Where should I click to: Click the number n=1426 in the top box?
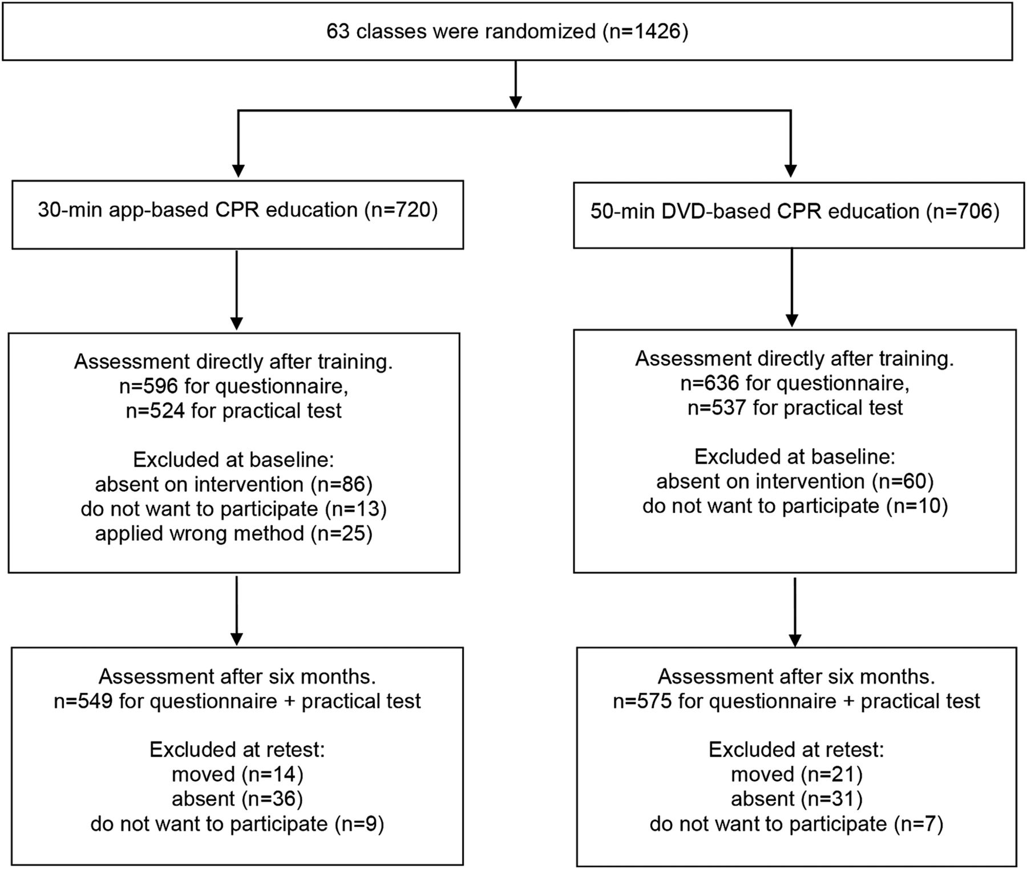(645, 31)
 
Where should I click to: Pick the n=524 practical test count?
(155, 411)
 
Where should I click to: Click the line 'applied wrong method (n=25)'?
(234, 533)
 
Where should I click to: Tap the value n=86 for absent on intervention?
(342, 484)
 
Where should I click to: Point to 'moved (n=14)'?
(237, 774)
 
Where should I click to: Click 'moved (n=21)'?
(796, 774)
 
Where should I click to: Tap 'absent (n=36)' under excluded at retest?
(237, 799)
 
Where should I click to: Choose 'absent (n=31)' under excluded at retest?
(796, 799)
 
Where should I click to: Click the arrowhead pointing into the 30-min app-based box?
(238, 171)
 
